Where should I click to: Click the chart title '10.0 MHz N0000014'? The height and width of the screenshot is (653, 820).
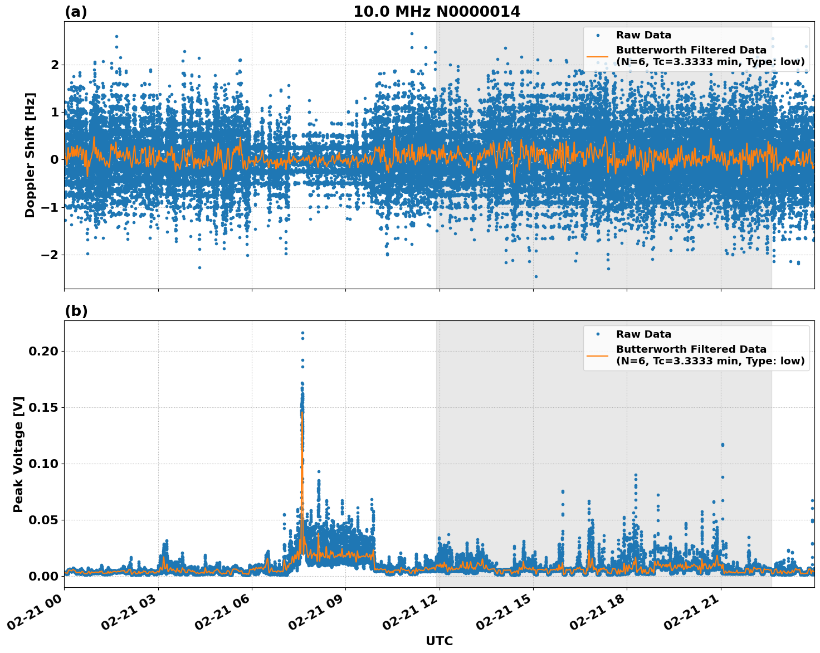(x=436, y=12)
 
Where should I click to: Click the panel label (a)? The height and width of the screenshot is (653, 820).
(x=76, y=12)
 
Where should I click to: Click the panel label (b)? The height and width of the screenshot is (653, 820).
(x=76, y=311)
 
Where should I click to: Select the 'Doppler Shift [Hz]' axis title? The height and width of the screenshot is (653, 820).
(x=30, y=155)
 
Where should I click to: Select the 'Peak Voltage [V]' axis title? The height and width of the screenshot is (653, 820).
(x=18, y=454)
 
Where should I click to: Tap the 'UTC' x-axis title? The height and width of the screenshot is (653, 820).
(x=439, y=641)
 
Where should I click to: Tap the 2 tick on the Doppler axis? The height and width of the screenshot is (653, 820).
(x=54, y=65)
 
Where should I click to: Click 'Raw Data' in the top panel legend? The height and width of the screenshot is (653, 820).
(x=643, y=35)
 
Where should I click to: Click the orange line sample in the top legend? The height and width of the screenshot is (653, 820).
(x=597, y=56)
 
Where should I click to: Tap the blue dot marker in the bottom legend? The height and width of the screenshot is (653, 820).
(x=597, y=334)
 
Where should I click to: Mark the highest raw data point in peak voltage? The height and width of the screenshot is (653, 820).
(x=302, y=333)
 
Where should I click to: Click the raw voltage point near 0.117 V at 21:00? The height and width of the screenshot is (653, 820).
(x=723, y=445)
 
